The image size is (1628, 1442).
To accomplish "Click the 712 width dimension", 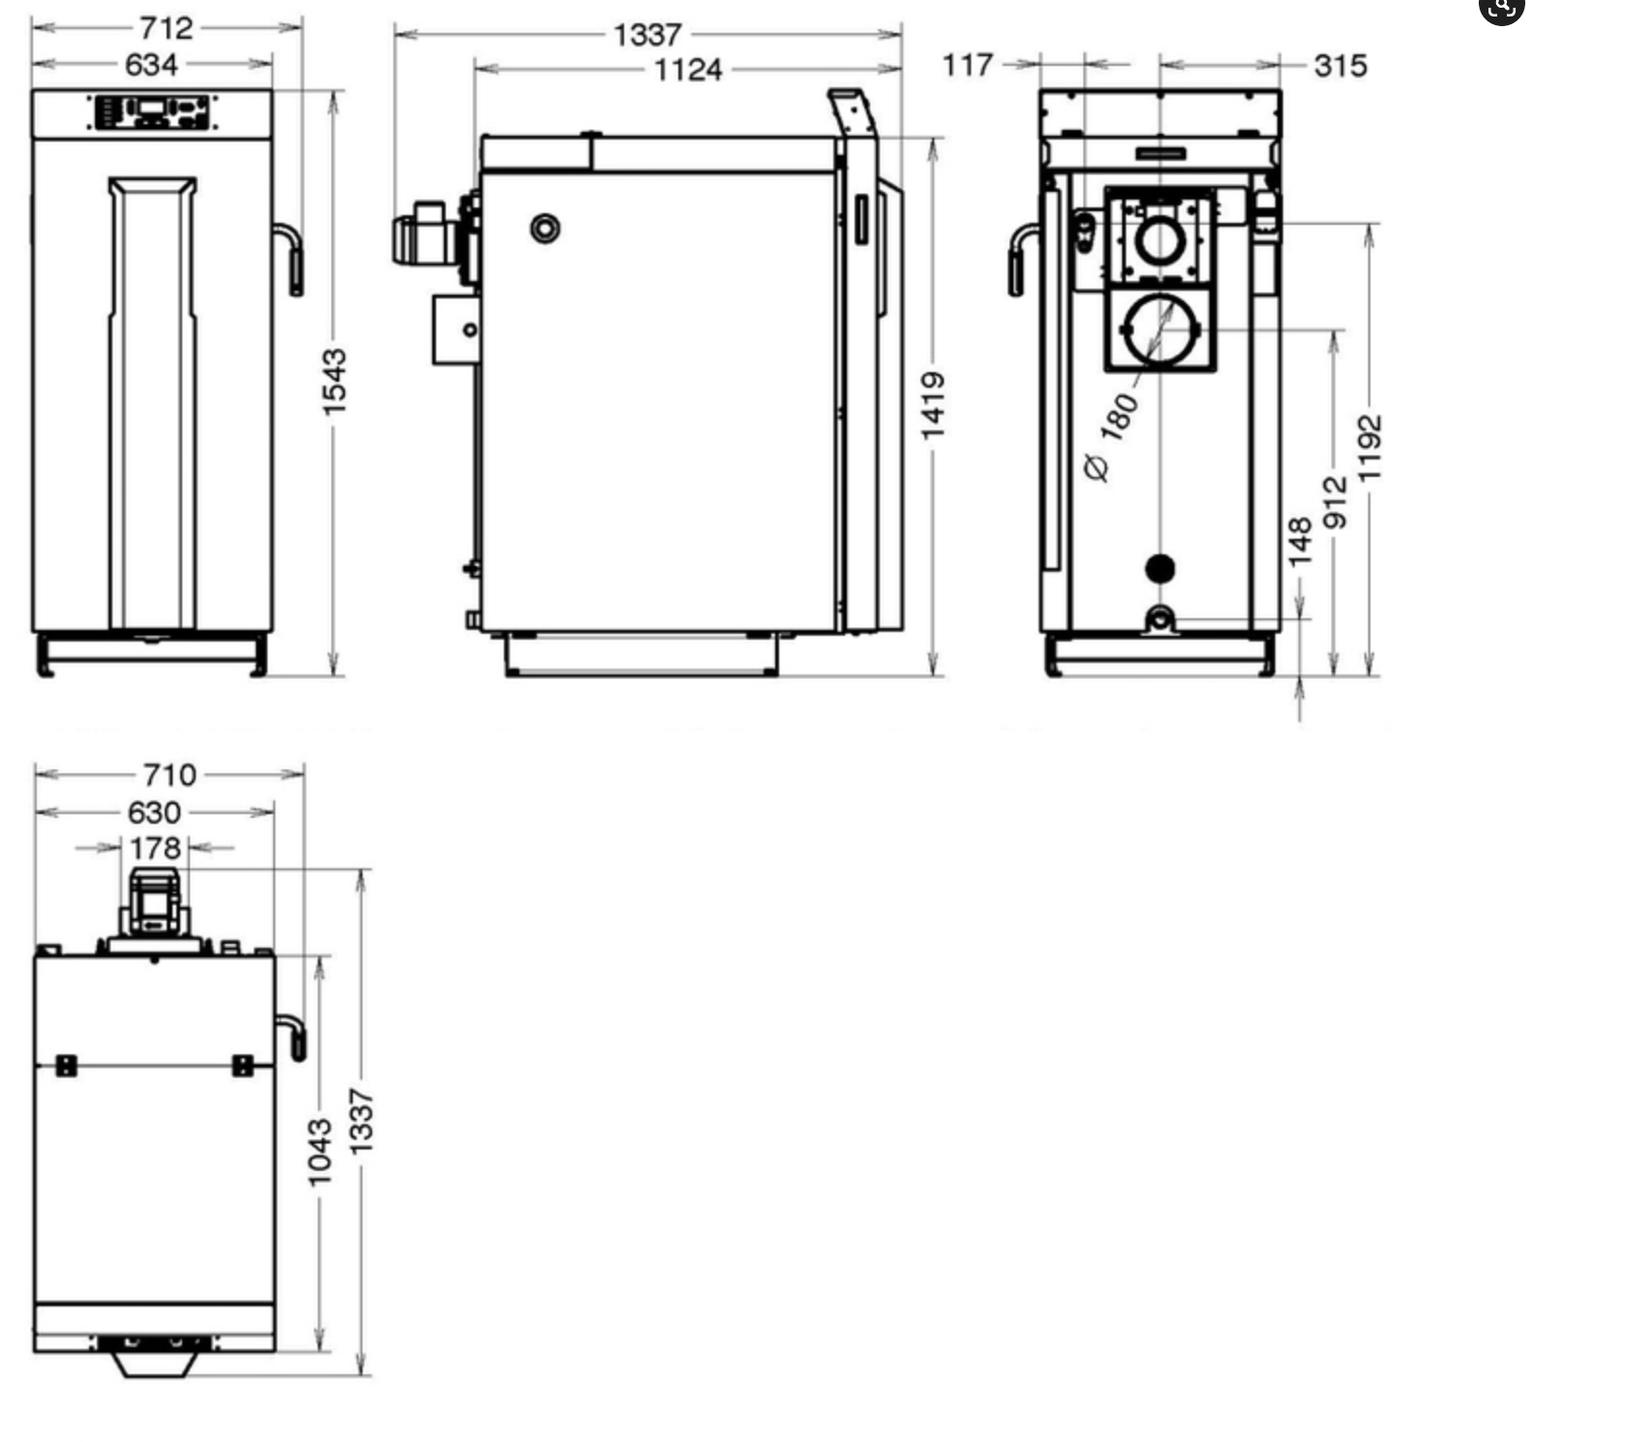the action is (166, 27).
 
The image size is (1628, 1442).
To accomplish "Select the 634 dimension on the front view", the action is (152, 65).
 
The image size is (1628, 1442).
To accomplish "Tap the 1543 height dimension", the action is (333, 383).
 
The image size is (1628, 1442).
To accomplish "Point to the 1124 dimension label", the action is (688, 70).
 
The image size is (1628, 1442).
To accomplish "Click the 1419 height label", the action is (932, 405).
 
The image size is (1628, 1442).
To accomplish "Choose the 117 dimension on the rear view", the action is (967, 65).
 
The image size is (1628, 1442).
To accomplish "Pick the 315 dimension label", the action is (1341, 66).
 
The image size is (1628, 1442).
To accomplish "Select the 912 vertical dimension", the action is (1335, 502).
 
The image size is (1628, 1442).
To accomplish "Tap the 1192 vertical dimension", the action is (1368, 449).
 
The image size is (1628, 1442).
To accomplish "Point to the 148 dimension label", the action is (1300, 542).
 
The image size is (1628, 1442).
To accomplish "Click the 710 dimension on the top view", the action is (170, 775).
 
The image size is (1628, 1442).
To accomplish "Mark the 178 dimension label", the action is (155, 848).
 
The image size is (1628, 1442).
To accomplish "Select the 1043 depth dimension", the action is (319, 1152).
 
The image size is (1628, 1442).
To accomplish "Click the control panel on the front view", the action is (153, 111).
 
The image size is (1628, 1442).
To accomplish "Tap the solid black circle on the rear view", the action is (1160, 569).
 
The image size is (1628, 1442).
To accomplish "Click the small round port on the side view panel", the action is (546, 229).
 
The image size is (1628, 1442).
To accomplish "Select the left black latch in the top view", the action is (66, 1066).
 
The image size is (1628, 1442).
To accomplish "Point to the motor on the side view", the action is (426, 234).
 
